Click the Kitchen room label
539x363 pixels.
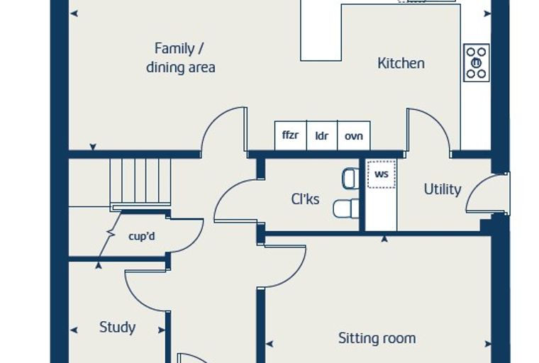click(401, 63)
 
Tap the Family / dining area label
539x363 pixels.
click(180, 57)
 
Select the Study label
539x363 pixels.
click(117, 328)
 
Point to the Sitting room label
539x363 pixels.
click(377, 338)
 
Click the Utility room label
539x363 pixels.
click(443, 189)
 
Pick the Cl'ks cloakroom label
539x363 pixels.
click(305, 199)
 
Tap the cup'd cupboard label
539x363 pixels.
click(142, 236)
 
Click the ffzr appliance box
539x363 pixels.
click(291, 135)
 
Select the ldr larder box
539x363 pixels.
click(322, 135)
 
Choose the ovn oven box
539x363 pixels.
click(354, 135)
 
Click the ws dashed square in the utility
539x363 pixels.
click(382, 174)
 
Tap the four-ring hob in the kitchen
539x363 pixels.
click(477, 62)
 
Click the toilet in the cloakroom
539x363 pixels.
click(346, 208)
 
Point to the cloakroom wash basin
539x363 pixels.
click(350, 178)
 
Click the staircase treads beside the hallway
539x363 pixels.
click(140, 182)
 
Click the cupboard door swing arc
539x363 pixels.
click(196, 240)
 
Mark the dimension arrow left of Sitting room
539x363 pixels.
click(269, 343)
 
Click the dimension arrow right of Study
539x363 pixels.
click(161, 330)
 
